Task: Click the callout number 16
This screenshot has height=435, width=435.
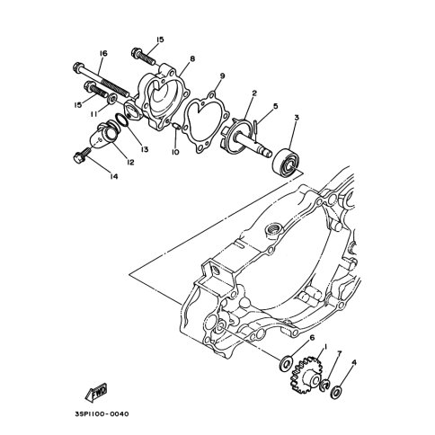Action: point(103,54)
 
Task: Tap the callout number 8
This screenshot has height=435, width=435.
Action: point(192,58)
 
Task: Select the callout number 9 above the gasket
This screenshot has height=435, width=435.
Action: point(222,76)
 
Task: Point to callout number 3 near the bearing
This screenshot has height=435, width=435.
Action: point(297,118)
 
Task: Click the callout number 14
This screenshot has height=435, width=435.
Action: point(113,176)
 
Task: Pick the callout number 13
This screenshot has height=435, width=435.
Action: point(145,149)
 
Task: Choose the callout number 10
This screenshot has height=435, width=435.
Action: point(175,152)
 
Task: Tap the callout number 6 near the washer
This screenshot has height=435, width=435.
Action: point(312,338)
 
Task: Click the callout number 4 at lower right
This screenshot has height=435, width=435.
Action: point(354,363)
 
